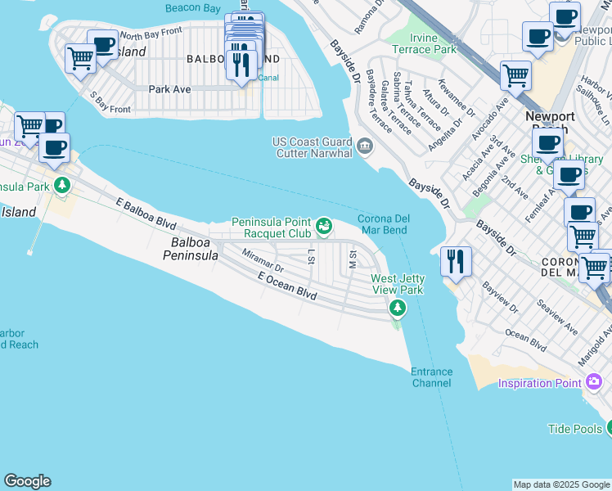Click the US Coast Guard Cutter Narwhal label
click(x=312, y=147)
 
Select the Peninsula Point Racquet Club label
click(x=272, y=227)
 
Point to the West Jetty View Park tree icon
click(x=398, y=308)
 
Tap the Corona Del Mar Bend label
click(x=382, y=224)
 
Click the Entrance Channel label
click(x=431, y=377)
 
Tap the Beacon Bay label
click(x=194, y=7)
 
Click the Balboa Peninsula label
click(x=195, y=249)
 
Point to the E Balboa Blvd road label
click(x=146, y=212)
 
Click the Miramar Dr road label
click(x=263, y=261)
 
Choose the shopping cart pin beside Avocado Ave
click(x=515, y=76)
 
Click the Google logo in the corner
click(x=27, y=481)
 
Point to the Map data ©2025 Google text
click(x=561, y=484)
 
